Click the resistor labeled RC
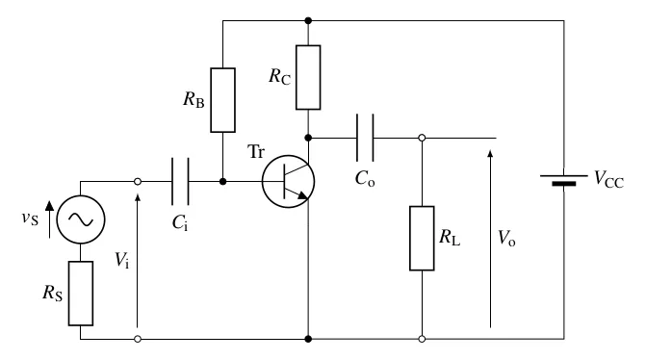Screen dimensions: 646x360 pyautogui.click(x=308, y=77)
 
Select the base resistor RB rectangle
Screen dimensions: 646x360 pyautogui.click(x=223, y=100)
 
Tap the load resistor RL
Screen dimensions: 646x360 pyautogui.click(x=422, y=239)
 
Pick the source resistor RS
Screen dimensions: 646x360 pyautogui.click(x=81, y=294)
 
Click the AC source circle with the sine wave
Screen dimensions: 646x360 pyautogui.click(x=81, y=219)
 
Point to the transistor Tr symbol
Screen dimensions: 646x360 pyautogui.click(x=289, y=182)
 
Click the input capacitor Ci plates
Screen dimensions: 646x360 pyautogui.click(x=180, y=181)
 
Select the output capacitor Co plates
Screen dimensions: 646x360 pyautogui.click(x=365, y=138)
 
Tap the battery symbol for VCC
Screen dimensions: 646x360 pyautogui.click(x=564, y=180)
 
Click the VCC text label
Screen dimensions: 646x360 pyautogui.click(x=608, y=180)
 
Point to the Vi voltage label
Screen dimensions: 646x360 pyautogui.click(x=122, y=260)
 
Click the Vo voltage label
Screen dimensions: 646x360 pyautogui.click(x=506, y=238)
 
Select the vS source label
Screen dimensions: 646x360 pyautogui.click(x=30, y=218)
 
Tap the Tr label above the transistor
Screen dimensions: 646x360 pyautogui.click(x=256, y=151)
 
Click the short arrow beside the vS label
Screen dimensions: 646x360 pyautogui.click(x=49, y=219)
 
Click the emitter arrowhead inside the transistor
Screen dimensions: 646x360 pyautogui.click(x=303, y=195)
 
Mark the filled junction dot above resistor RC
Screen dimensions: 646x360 pyautogui.click(x=308, y=20)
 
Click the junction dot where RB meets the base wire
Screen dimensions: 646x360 pyautogui.click(x=223, y=181)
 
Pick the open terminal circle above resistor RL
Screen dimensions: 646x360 pyautogui.click(x=422, y=138)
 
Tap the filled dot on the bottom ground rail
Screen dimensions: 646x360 pyautogui.click(x=308, y=339)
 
